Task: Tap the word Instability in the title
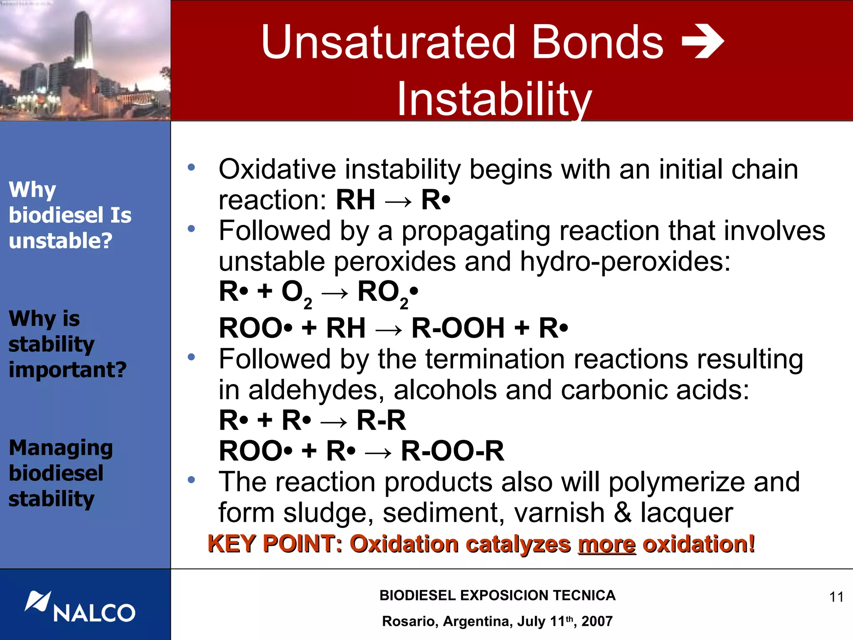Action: (x=494, y=99)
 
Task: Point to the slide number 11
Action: (x=836, y=597)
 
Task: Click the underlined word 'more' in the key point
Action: (x=607, y=544)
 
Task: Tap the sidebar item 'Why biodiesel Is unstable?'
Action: (x=70, y=215)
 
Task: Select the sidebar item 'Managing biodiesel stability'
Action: (x=61, y=473)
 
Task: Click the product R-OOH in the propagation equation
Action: (x=458, y=328)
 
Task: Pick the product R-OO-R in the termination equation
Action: (x=452, y=451)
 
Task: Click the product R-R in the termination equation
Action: (x=381, y=420)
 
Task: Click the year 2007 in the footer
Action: (x=597, y=621)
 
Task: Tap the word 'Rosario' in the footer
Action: (x=408, y=621)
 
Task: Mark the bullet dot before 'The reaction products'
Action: (x=191, y=480)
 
